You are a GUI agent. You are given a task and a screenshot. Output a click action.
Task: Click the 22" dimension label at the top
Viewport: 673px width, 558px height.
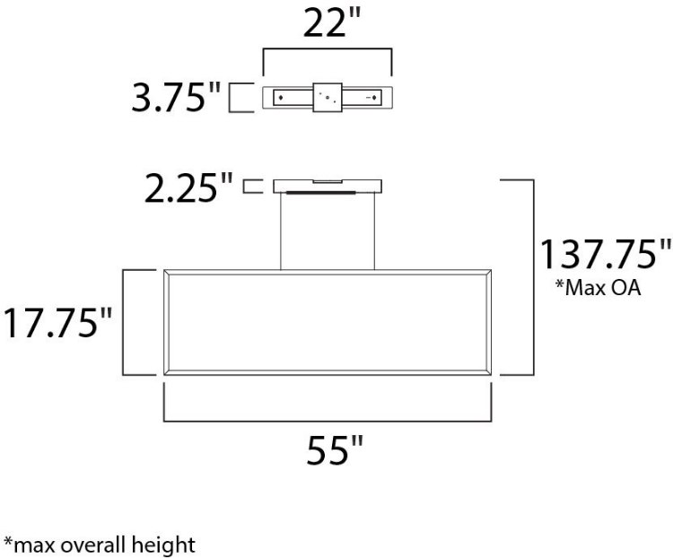pos(326,25)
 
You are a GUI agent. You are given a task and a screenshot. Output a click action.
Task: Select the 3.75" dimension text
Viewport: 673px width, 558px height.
pos(176,98)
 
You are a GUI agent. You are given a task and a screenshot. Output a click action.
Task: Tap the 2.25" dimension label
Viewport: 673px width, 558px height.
pos(191,187)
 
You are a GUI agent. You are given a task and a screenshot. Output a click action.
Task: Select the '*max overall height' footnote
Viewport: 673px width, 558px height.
pos(100,544)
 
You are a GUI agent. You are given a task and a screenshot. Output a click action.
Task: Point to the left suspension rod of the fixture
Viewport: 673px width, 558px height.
pos(282,231)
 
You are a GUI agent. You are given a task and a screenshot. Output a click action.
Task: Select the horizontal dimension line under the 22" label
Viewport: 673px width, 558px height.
pos(327,51)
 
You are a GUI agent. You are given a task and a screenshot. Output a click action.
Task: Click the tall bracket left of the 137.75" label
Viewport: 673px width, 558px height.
pos(529,276)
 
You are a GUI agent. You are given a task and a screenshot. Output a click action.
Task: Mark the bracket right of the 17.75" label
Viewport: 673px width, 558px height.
pos(127,321)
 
